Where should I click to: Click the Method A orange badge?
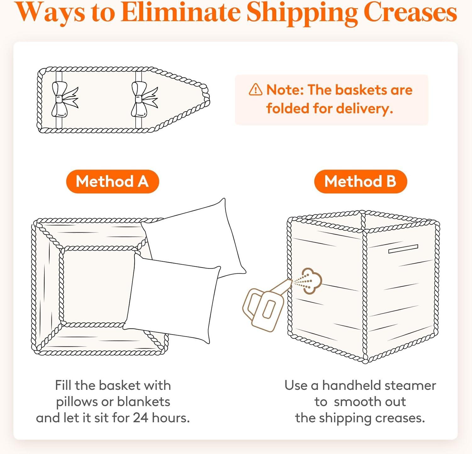pyautogui.click(x=112, y=182)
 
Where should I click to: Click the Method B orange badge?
pyautogui.click(x=360, y=182)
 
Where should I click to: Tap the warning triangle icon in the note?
pyautogui.click(x=256, y=90)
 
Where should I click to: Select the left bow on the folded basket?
pyautogui.click(x=64, y=99)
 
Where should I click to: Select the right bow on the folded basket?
pyautogui.click(x=143, y=99)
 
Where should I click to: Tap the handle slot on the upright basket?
pyautogui.click(x=403, y=249)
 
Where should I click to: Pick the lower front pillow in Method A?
pyautogui.click(x=171, y=299)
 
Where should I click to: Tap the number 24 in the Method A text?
pyautogui.click(x=141, y=418)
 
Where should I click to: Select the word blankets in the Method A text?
pyautogui.click(x=143, y=402)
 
